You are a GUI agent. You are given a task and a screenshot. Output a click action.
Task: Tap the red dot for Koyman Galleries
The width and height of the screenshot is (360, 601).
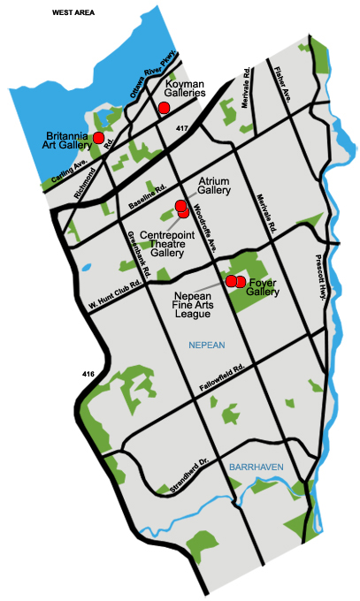pos(164,108)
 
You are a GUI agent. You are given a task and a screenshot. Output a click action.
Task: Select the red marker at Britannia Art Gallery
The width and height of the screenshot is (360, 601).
pos(99,138)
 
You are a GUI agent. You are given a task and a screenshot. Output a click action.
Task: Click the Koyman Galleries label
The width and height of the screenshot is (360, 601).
pos(187,87)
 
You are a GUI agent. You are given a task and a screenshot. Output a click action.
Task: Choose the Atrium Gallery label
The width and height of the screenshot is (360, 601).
pos(214,185)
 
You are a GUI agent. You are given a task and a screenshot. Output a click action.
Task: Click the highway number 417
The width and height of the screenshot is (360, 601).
pos(183,130)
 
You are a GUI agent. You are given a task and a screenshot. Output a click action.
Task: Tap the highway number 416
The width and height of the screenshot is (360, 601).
pos(86,375)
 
